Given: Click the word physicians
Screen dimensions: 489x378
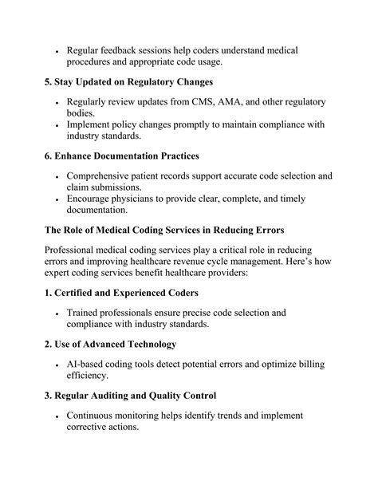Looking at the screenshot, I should pos(151,199).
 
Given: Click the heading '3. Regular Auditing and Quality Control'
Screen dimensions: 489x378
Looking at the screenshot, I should pos(140,396).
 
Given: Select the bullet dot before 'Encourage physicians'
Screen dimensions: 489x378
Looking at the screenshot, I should pos(57,200).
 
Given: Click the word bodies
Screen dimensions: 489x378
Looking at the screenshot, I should pos(84,116).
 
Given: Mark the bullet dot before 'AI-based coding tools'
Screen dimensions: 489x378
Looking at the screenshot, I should pos(57,365).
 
